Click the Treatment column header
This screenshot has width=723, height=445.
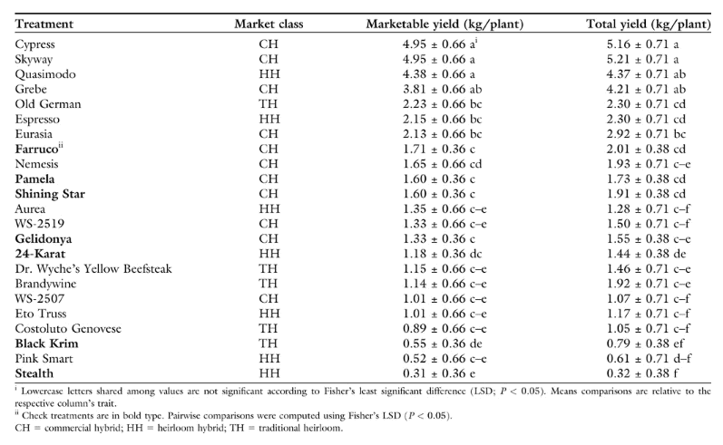tap(44, 24)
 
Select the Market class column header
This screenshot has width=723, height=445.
tap(269, 24)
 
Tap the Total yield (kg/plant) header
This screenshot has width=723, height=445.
tap(649, 24)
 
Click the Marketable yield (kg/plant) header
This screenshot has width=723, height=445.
tap(445, 24)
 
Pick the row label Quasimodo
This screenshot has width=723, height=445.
tap(45, 74)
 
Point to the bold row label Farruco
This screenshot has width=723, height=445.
tap(37, 149)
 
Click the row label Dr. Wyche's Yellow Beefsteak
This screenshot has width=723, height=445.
tap(93, 268)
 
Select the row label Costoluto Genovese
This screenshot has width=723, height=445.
tap(68, 328)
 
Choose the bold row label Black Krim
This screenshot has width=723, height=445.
tap(46, 343)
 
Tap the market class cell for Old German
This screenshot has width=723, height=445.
tap(269, 104)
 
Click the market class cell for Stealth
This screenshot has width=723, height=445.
tap(269, 373)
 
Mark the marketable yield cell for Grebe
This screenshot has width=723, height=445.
tap(442, 89)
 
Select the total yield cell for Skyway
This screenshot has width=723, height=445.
tap(642, 59)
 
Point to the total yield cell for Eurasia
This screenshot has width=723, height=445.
tap(646, 134)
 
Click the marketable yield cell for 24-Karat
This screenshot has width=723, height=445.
tap(442, 254)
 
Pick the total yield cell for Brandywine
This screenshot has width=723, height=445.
tap(649, 284)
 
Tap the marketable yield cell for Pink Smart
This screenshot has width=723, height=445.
tap(445, 358)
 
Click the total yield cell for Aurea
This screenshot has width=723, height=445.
tap(649, 208)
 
